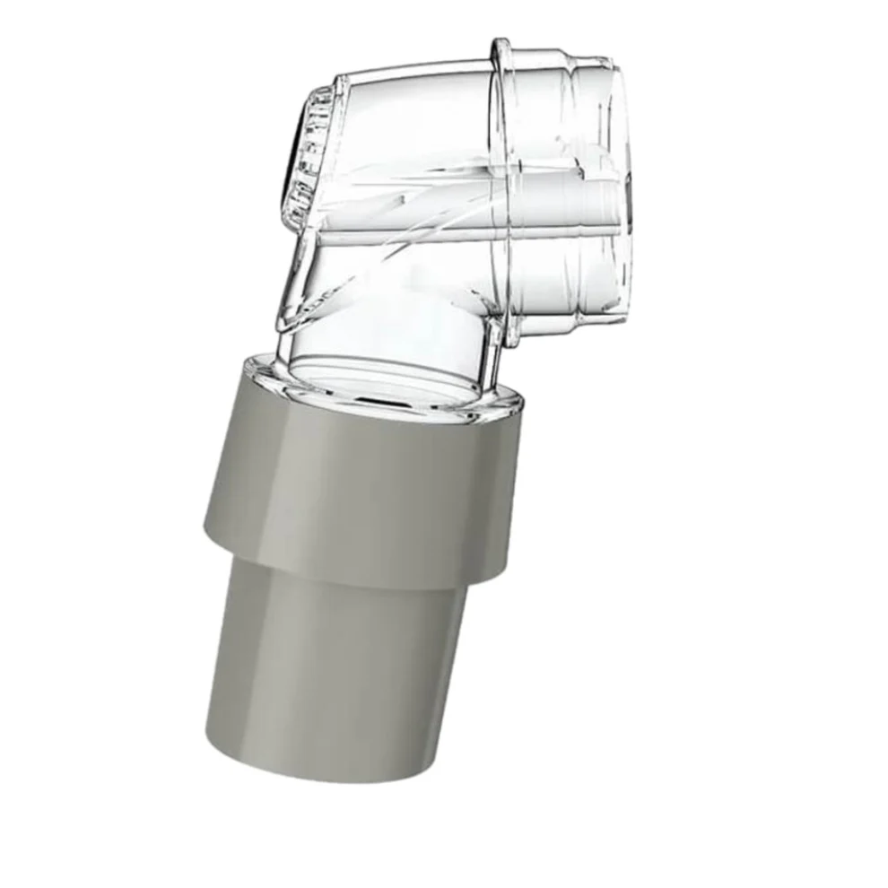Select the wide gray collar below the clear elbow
coord(359,484)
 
